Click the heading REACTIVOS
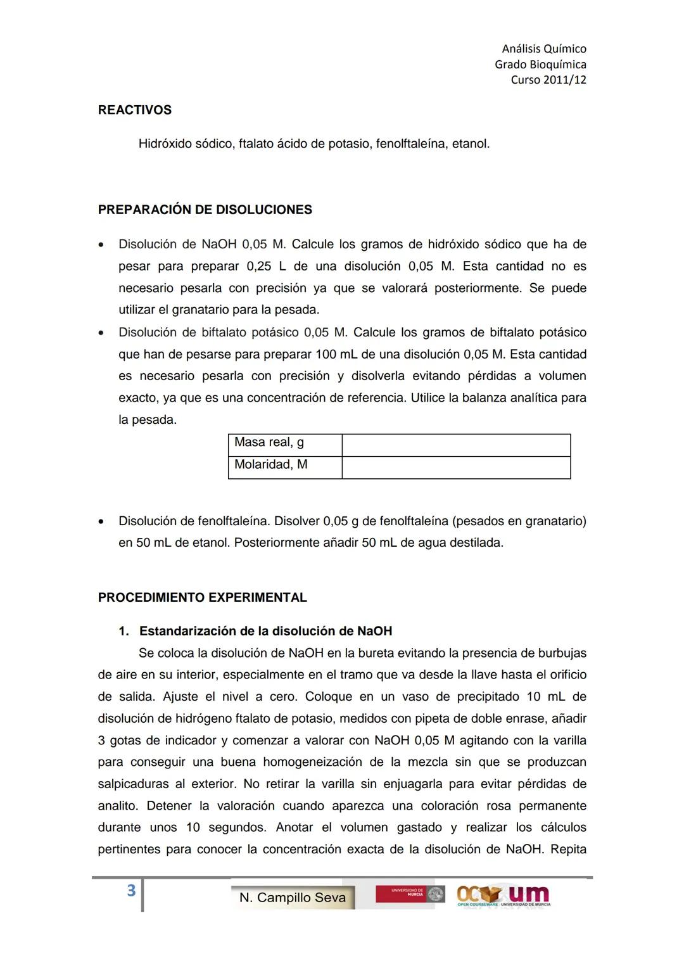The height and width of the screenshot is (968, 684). pos(134,110)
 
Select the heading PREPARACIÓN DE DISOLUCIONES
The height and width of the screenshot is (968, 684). pos(205,210)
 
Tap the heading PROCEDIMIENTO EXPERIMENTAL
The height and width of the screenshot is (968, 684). pos(202,597)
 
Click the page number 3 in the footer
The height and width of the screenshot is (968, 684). pos(131,891)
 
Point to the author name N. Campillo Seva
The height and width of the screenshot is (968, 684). pos(293,898)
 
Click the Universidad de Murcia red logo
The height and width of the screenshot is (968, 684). pos(409,894)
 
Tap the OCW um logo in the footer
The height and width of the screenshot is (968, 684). pos(503,895)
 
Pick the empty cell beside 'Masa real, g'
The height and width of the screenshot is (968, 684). pos(456,445)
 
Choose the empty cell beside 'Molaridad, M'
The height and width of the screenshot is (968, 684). pos(456,468)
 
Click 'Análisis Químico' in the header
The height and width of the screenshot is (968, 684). pos(543,49)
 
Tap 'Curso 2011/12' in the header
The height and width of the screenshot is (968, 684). pos(548,80)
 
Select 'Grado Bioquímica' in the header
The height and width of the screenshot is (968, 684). pos(540,65)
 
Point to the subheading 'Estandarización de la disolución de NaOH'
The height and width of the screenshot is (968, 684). pos(265,631)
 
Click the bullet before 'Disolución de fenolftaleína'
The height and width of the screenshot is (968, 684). pos(101,522)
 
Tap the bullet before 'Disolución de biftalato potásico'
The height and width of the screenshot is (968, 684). pos(101,333)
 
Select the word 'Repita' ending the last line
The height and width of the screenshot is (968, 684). pos(568,850)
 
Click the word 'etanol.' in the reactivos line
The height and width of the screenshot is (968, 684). pos(471,144)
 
